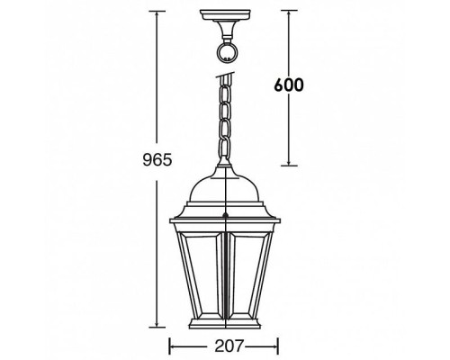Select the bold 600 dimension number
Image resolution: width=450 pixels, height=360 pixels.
point(284,86)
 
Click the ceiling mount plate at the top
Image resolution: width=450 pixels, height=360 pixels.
point(224,16)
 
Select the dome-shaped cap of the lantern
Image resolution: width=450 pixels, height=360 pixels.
point(224,189)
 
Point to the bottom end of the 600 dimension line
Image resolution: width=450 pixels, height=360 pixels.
point(288,166)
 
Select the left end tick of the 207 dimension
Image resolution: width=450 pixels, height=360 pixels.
point(170,345)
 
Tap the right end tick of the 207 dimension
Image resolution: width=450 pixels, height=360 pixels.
point(279,345)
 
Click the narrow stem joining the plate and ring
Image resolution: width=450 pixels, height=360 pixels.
point(224,29)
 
